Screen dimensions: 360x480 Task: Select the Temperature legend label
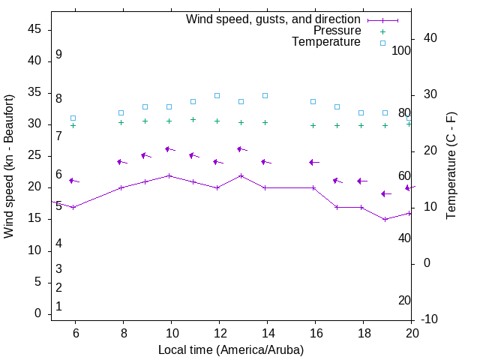(x=326, y=42)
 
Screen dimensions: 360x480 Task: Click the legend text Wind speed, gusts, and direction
(x=273, y=19)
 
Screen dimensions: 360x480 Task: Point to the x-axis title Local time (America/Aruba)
(x=231, y=349)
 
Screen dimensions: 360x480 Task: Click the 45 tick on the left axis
(x=34, y=30)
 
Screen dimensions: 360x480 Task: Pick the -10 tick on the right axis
(x=430, y=319)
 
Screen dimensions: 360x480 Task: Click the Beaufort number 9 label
(x=58, y=55)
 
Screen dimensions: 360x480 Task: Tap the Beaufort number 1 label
(x=58, y=306)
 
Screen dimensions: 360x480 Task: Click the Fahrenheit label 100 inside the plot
(x=401, y=50)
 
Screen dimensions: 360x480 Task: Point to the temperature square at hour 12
(x=217, y=95)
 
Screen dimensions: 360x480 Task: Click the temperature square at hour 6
(x=73, y=118)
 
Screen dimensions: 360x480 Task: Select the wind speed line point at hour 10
(x=169, y=175)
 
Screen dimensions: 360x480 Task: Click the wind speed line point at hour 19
(x=385, y=219)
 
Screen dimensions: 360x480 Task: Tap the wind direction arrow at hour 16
(x=313, y=162)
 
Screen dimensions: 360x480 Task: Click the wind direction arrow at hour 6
(x=73, y=181)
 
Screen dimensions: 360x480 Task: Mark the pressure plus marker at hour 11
(x=193, y=119)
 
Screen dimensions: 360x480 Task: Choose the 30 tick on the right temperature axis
(x=430, y=94)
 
